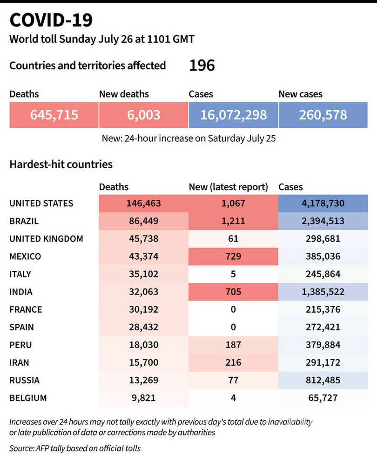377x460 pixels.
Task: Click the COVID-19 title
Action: click(x=51, y=20)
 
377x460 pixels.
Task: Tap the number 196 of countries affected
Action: click(x=202, y=66)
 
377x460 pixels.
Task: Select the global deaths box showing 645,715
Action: click(x=54, y=115)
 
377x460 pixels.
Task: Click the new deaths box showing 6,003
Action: click(x=144, y=115)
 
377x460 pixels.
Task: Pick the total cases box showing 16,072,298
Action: click(x=233, y=115)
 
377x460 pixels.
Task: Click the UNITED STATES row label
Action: click(x=41, y=204)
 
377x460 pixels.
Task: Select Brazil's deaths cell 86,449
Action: click(x=143, y=221)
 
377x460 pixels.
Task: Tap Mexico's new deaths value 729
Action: click(x=233, y=256)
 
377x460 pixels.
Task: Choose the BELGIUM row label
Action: click(x=28, y=398)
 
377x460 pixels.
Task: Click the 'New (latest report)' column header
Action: click(x=228, y=187)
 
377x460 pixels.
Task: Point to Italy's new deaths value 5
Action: click(x=233, y=274)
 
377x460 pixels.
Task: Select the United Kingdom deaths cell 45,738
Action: click(x=143, y=239)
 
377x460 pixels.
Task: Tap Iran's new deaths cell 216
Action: click(x=233, y=362)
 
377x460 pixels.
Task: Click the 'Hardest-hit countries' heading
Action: click(x=61, y=164)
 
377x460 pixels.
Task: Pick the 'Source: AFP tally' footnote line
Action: click(x=75, y=448)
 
